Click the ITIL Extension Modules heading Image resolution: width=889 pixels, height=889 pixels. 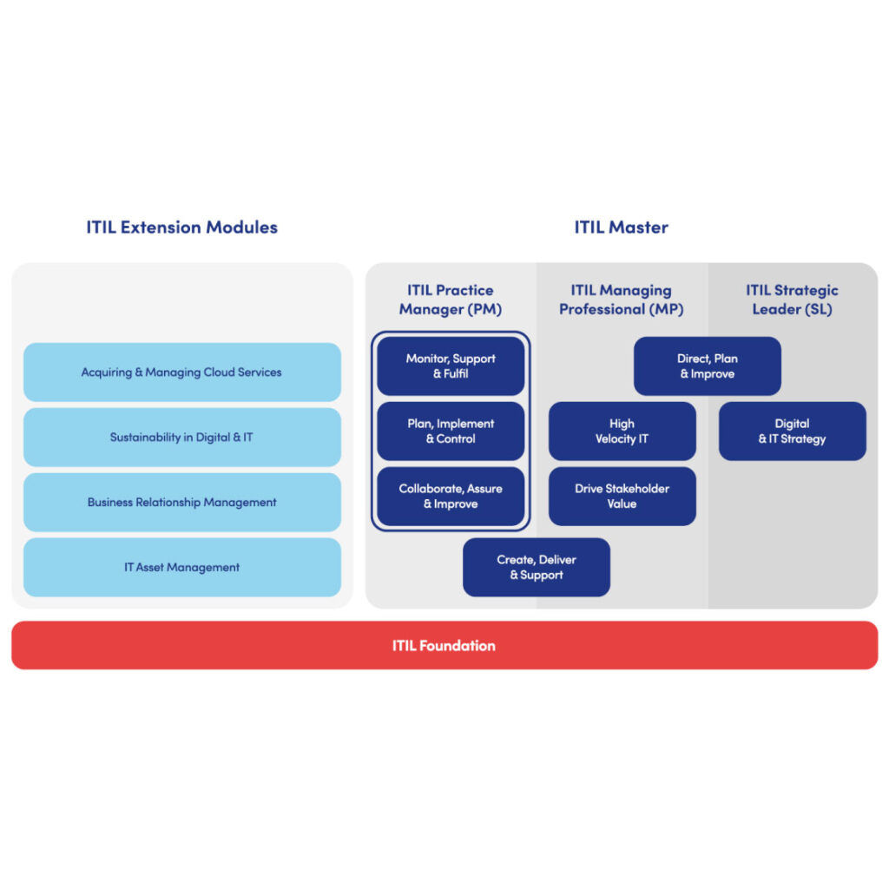pyautogui.click(x=181, y=227)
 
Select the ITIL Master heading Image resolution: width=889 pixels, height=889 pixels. pyautogui.click(x=621, y=227)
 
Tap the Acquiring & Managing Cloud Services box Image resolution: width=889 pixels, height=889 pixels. pyautogui.click(x=181, y=372)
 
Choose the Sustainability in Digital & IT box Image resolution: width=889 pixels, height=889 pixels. pyautogui.click(x=181, y=438)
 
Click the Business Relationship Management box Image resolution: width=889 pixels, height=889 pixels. pyautogui.click(x=181, y=503)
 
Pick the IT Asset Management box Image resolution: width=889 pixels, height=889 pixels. pyautogui.click(x=181, y=568)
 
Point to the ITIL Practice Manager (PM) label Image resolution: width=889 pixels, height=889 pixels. pyautogui.click(x=450, y=300)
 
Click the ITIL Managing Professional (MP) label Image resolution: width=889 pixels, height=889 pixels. pyautogui.click(x=621, y=300)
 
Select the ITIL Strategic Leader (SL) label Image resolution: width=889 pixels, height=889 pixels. pyautogui.click(x=792, y=300)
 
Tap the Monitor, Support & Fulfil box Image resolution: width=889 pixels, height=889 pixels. pyautogui.click(x=450, y=366)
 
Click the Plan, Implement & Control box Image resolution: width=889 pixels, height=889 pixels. pyautogui.click(x=450, y=431)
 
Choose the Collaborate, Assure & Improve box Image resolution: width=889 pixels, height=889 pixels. pyautogui.click(x=450, y=497)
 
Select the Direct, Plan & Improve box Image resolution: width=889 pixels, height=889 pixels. pyautogui.click(x=707, y=366)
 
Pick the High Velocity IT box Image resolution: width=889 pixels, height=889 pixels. pyautogui.click(x=622, y=431)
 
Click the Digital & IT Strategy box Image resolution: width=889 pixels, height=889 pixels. pyautogui.click(x=792, y=431)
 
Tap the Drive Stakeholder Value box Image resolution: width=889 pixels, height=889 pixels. pyautogui.click(x=622, y=497)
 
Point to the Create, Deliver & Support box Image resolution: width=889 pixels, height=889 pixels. pyautogui.click(x=536, y=568)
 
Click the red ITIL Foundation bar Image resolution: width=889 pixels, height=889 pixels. pyautogui.click(x=444, y=646)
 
